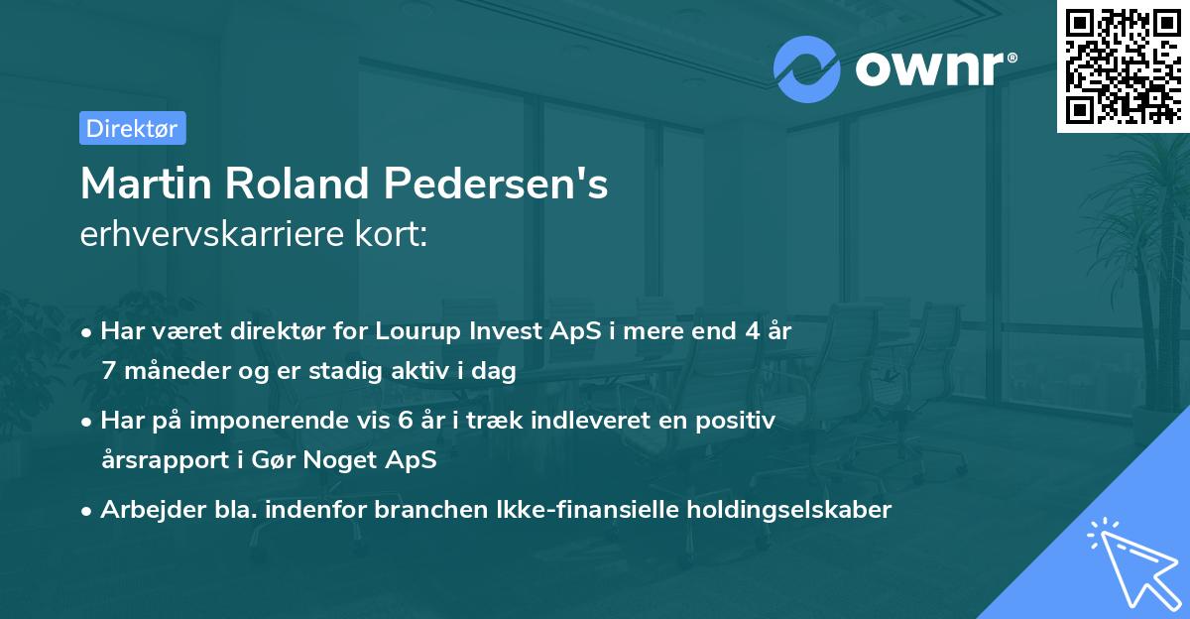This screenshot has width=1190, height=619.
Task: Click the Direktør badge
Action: click(132, 128)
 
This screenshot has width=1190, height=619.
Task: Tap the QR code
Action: click(1124, 65)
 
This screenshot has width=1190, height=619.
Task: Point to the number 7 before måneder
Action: click(108, 372)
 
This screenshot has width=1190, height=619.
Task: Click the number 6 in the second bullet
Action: click(404, 421)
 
